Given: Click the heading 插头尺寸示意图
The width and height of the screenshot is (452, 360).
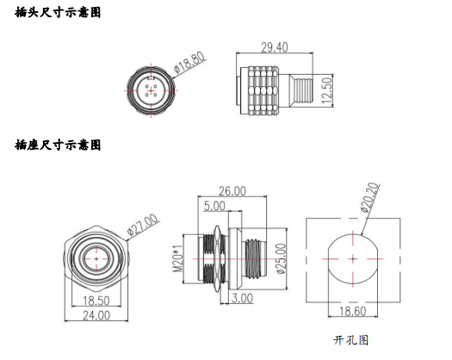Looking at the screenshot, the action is (58, 13).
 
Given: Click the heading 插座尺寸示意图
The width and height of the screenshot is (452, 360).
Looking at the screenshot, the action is (58, 145).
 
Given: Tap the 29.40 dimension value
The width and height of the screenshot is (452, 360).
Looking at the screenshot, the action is (275, 47).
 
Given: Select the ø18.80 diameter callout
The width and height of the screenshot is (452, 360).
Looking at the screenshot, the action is (189, 62).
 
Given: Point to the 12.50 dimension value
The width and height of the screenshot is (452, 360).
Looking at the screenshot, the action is (327, 90).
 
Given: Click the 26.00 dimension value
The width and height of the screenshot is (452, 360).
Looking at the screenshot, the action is (232, 191).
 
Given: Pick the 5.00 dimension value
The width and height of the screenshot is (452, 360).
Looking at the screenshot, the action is (214, 206).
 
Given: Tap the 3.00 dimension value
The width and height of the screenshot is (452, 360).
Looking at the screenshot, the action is (242, 298).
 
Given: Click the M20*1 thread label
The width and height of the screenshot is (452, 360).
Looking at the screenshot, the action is (177, 258).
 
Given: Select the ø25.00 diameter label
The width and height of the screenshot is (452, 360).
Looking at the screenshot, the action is (281, 258).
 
